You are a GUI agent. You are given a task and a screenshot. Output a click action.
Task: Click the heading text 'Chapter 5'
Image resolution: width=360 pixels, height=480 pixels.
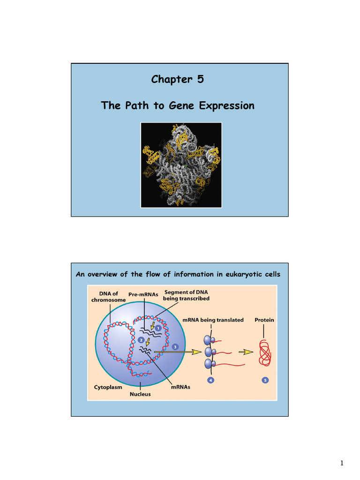(177, 79)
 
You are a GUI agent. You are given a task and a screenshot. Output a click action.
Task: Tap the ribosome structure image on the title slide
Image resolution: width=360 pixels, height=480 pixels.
(181, 165)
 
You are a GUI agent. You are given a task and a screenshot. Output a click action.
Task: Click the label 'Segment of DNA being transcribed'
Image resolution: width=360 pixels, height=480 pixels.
(186, 295)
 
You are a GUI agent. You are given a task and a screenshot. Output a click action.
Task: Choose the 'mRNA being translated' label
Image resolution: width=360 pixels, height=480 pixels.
(213, 320)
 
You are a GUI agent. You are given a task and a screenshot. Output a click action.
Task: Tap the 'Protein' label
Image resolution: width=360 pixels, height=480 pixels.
(264, 320)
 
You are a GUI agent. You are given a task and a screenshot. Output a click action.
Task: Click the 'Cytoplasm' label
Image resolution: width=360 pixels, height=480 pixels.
(109, 387)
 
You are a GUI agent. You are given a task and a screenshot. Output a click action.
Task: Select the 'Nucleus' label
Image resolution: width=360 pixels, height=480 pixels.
(140, 394)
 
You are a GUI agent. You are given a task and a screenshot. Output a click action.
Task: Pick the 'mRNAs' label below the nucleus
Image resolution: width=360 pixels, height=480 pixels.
(180, 387)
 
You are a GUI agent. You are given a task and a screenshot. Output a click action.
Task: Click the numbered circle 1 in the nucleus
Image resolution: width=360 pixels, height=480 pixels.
(158, 328)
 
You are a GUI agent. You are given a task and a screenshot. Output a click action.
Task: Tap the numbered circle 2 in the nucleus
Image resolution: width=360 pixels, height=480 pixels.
(141, 339)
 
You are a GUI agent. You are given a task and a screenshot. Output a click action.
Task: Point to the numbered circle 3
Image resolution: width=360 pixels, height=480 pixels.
(175, 347)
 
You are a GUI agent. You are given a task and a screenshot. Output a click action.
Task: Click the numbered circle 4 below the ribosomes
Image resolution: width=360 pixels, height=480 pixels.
(211, 380)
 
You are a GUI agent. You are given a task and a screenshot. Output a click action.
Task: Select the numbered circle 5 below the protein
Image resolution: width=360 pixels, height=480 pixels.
(265, 380)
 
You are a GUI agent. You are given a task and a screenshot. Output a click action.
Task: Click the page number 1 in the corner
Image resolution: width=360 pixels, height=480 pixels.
(342, 464)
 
